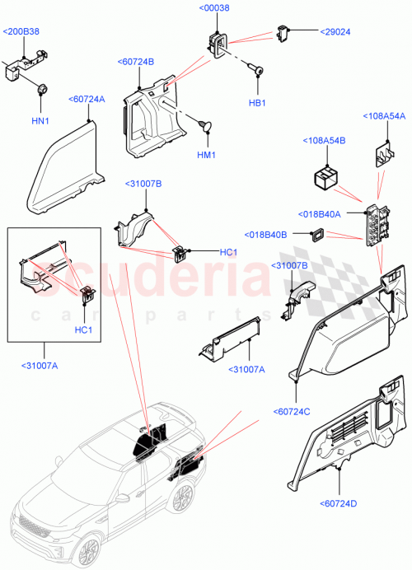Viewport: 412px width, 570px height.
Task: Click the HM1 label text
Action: click(x=206, y=155)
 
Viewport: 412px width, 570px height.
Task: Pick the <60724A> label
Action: click(x=88, y=98)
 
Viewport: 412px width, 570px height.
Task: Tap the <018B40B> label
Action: click(x=265, y=235)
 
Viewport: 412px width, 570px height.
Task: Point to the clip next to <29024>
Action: click(x=285, y=32)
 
